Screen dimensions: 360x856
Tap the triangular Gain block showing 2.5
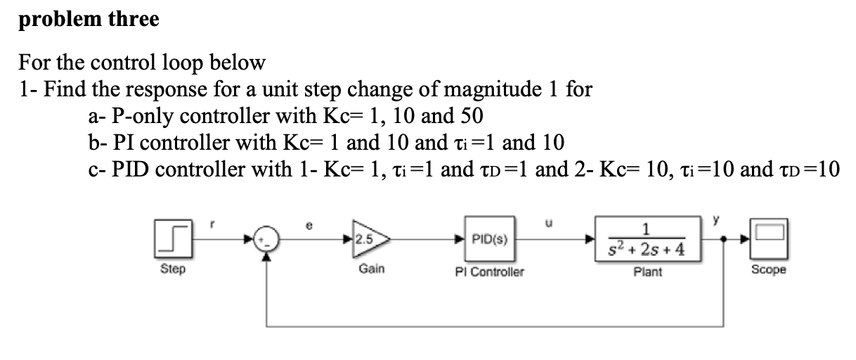tap(369, 240)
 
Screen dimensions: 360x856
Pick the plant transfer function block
tap(647, 240)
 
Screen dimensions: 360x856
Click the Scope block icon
tap(768, 239)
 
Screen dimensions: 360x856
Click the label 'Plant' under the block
tap(647, 271)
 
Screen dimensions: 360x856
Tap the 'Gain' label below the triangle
tap(371, 269)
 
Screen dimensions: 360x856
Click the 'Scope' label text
tap(768, 270)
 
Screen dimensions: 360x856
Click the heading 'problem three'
tap(89, 19)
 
